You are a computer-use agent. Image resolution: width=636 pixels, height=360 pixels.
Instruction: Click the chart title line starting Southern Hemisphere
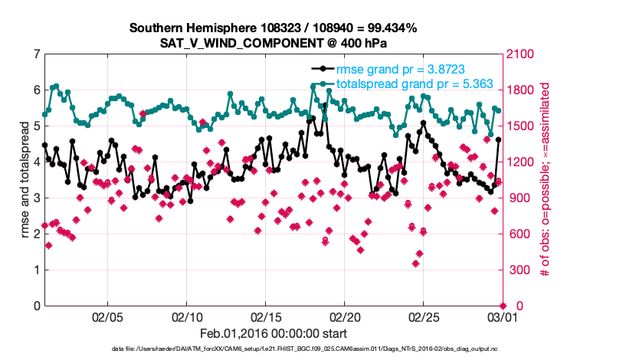(x=273, y=28)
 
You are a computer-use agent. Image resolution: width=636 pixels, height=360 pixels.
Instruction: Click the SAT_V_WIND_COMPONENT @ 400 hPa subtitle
(x=273, y=43)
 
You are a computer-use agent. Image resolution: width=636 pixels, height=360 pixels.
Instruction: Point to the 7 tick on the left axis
(x=36, y=54)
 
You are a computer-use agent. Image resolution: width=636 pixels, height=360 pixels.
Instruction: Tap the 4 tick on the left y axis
(x=36, y=162)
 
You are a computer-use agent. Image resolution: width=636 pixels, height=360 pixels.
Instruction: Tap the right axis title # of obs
(x=546, y=180)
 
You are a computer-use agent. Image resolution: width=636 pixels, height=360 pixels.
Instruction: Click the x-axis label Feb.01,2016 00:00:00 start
(x=273, y=333)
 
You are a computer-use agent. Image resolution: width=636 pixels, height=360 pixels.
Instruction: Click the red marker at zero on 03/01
(x=502, y=306)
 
